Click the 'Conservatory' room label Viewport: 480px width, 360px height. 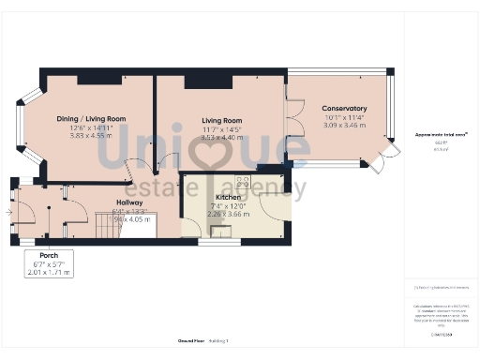[x=344, y=109]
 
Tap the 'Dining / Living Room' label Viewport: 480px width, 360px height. [x=91, y=119]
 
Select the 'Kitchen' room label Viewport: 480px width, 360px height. [x=229, y=198]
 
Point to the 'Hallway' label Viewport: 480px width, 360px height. [x=129, y=202]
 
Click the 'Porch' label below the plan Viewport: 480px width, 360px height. [x=49, y=255]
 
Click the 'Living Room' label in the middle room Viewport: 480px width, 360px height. [x=221, y=121]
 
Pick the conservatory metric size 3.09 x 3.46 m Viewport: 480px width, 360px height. [x=344, y=125]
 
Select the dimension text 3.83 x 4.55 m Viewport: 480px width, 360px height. [x=91, y=135]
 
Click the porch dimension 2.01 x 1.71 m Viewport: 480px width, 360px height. [x=49, y=272]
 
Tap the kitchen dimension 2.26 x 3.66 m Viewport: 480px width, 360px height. [x=229, y=214]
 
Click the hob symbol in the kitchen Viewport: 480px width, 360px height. [x=243, y=181]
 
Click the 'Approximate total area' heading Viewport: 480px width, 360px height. [x=442, y=135]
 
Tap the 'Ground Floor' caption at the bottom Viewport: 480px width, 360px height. [x=190, y=340]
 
